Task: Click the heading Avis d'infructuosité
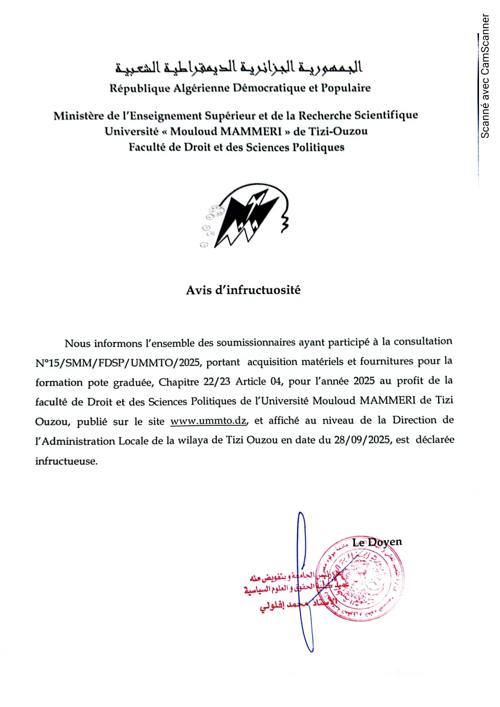(x=243, y=290)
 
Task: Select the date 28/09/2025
(x=362, y=440)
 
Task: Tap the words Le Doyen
(x=377, y=542)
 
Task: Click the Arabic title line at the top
(x=239, y=67)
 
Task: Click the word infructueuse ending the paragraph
(x=66, y=461)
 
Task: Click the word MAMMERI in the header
(x=251, y=131)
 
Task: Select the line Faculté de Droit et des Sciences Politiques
(x=237, y=147)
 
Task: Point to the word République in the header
(x=139, y=89)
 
